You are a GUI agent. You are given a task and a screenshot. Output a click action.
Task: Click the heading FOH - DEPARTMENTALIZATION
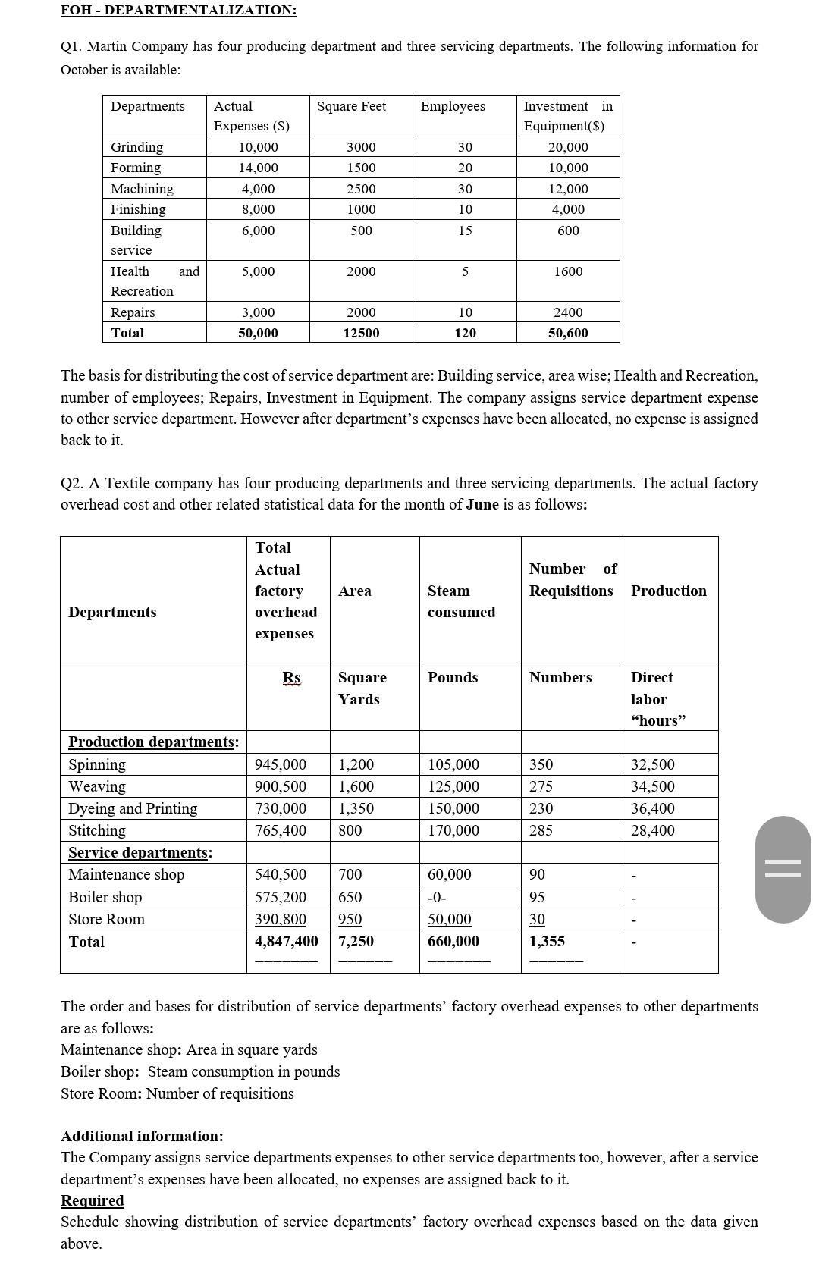(x=179, y=10)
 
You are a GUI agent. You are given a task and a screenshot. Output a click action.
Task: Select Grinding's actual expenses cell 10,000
(x=258, y=147)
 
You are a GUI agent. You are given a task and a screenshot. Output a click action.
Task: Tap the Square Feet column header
(x=351, y=106)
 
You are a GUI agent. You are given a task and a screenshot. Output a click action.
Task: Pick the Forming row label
(x=136, y=168)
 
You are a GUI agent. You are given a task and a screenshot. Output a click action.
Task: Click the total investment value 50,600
(x=568, y=333)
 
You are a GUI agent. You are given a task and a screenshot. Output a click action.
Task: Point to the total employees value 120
(x=465, y=333)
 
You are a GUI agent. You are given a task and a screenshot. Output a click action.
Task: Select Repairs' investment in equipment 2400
(x=568, y=312)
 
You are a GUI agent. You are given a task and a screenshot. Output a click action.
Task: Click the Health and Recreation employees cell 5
(x=465, y=271)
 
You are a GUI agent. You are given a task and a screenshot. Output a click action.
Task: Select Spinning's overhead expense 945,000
(x=281, y=764)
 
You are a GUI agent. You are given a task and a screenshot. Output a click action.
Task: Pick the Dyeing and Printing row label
(x=133, y=808)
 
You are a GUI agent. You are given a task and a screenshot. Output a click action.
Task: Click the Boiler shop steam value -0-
(x=437, y=897)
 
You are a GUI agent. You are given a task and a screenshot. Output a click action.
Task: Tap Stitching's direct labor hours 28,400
(x=652, y=830)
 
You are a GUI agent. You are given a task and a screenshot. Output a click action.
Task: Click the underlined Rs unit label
(x=291, y=677)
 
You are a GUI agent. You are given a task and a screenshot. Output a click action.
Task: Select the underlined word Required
(x=93, y=1200)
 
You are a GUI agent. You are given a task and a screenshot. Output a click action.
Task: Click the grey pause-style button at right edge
(x=783, y=869)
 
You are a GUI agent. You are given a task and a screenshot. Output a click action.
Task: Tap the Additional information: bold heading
(x=142, y=1136)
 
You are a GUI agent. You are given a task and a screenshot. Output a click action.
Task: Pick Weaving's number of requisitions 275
(x=541, y=786)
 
